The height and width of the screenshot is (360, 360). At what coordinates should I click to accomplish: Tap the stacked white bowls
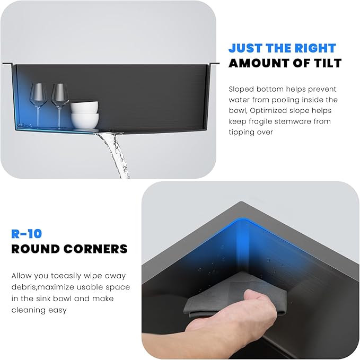click(84, 115)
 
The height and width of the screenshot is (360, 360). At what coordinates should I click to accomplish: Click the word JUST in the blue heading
click(246, 47)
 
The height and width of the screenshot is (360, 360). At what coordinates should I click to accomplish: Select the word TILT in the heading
click(325, 63)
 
